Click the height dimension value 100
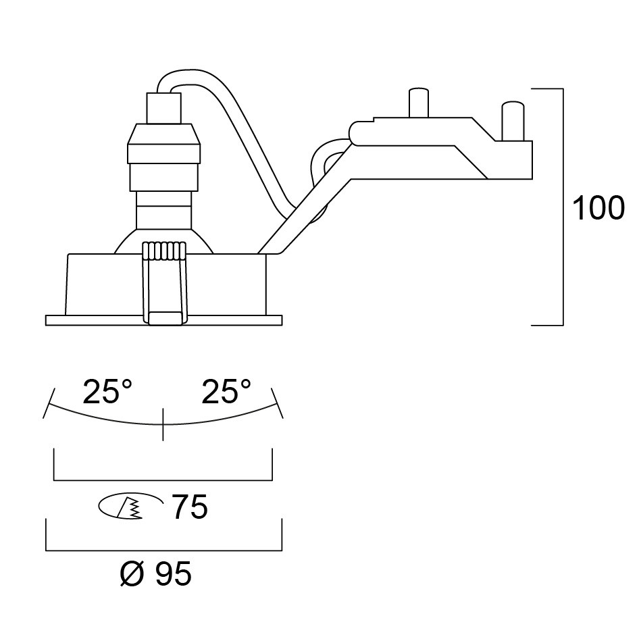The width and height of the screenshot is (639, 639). click(x=598, y=209)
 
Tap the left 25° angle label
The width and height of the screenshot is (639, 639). click(x=107, y=392)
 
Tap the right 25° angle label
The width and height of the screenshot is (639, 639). click(x=226, y=392)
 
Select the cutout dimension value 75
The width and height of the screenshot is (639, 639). click(x=190, y=507)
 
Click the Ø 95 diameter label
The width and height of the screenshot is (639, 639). click(x=155, y=575)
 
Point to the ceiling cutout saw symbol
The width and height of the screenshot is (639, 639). click(x=130, y=506)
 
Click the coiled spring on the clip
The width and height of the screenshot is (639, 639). click(x=164, y=251)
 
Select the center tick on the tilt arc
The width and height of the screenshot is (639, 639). click(x=163, y=425)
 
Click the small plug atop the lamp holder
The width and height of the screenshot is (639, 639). click(x=164, y=108)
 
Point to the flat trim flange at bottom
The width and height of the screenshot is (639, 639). click(x=101, y=320)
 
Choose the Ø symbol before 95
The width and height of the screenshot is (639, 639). click(x=132, y=575)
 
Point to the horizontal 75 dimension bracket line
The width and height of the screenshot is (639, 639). click(x=163, y=480)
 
